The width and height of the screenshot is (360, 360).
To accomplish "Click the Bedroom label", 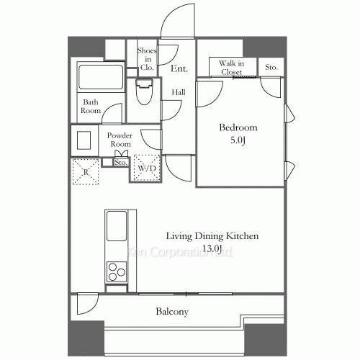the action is [238, 127].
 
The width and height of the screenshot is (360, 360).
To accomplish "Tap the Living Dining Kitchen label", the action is [212, 236].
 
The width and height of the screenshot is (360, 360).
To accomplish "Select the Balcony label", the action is [172, 312].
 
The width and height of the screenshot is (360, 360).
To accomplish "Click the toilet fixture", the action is [144, 91].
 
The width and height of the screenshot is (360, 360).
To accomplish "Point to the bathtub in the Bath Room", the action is [101, 76].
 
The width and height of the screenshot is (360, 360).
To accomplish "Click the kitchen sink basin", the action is [117, 226].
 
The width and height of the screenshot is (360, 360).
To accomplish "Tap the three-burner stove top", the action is [117, 271].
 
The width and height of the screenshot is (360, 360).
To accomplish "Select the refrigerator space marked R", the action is [86, 171].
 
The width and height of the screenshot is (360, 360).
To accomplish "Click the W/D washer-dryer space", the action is [147, 168].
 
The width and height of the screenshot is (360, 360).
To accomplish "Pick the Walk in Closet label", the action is [232, 68].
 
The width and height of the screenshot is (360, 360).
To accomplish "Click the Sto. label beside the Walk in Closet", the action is [271, 67].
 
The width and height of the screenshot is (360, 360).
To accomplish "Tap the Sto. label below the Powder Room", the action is [121, 163].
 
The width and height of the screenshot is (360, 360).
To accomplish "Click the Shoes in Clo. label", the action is [147, 59].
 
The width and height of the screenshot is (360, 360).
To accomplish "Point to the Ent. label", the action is [179, 68].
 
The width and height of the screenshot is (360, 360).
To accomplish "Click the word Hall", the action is [179, 92].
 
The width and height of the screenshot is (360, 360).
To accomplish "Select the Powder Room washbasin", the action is [84, 140].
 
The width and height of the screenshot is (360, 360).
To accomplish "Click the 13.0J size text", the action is [212, 248].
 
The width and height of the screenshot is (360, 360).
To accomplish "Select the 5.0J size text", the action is [238, 140].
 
